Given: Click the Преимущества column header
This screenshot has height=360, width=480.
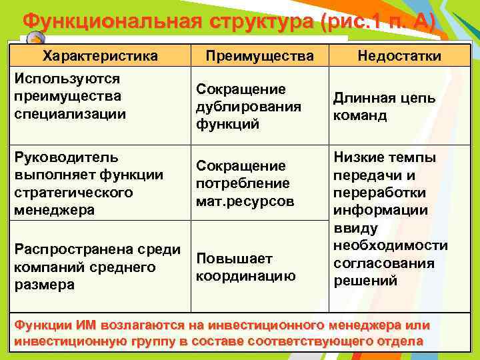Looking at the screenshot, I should pyautogui.click(x=257, y=56).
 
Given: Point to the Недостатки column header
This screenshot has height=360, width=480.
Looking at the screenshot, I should pyautogui.click(x=399, y=56).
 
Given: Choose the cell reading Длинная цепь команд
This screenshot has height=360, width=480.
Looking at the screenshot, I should pyautogui.click(x=385, y=107).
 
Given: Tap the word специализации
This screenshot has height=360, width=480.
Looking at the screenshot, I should pyautogui.click(x=69, y=113).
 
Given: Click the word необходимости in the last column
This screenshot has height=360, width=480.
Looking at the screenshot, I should pyautogui.click(x=391, y=245).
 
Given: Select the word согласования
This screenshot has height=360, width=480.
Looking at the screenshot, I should pyautogui.click(x=383, y=263).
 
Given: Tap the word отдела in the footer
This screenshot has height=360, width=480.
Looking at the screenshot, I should pyautogui.click(x=401, y=341).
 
